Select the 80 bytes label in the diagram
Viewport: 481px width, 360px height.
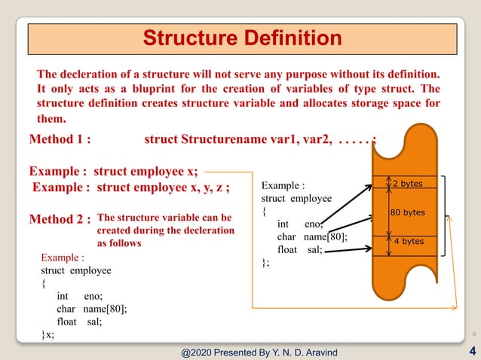click(x=408, y=212)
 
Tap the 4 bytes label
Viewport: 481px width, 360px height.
click(x=408, y=242)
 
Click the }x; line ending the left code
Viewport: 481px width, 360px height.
click(x=47, y=334)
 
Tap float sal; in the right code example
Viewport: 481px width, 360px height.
click(x=299, y=250)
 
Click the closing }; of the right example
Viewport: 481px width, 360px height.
click(x=265, y=263)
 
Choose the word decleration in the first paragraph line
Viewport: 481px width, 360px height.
click(x=93, y=75)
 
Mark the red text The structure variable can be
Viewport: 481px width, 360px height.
click(x=165, y=217)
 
